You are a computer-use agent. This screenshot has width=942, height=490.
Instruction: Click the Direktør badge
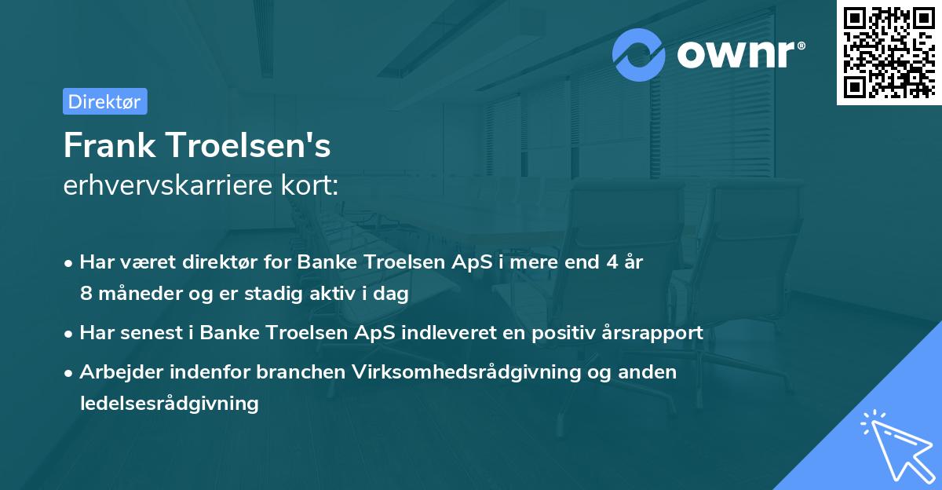[x=104, y=101]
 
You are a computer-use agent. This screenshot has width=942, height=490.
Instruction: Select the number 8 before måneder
[x=86, y=294]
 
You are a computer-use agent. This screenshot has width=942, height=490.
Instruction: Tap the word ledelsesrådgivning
[x=169, y=404]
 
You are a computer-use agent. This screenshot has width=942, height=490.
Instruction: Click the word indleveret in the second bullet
[x=447, y=333]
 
